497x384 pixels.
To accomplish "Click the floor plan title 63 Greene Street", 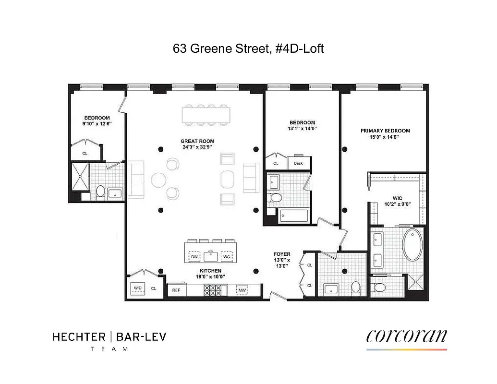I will (248, 48).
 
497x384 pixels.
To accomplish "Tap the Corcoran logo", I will (406, 336).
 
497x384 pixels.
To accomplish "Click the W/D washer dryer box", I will (138, 288).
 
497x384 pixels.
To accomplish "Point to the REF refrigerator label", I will (176, 290).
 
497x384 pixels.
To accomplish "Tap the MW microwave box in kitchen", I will (242, 290).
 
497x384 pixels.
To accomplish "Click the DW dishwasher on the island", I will (194, 257).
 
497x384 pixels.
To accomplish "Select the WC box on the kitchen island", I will (226, 257).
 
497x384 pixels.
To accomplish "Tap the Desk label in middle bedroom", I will (298, 163).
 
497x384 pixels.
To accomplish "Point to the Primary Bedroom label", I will (385, 131).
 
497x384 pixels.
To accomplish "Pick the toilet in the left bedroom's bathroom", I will (100, 192).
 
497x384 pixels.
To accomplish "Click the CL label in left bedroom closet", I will (85, 154).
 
